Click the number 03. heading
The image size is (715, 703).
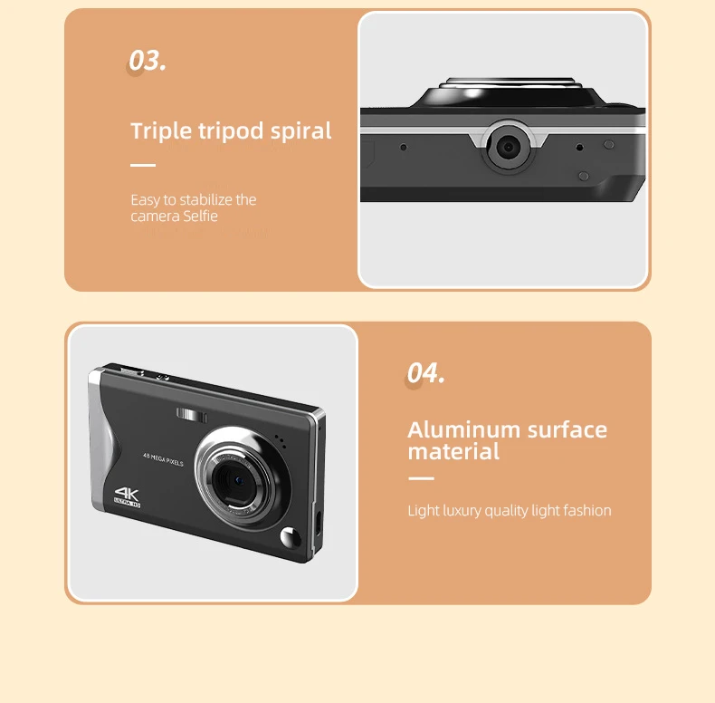click(148, 61)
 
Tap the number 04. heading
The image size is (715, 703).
click(425, 372)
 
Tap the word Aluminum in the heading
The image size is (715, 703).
click(462, 429)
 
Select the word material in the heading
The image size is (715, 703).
click(453, 451)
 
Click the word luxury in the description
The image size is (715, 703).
click(462, 511)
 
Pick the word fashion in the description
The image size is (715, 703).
click(587, 511)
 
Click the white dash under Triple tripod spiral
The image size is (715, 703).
click(143, 166)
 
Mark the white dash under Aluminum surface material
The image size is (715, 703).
click(421, 478)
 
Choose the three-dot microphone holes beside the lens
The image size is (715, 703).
click(281, 443)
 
